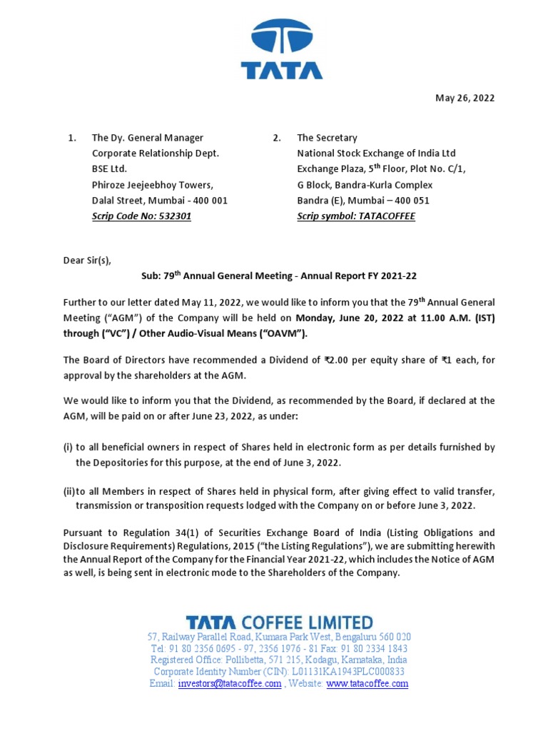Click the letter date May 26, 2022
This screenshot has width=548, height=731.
[465, 99]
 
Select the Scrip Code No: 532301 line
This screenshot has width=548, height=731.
[141, 216]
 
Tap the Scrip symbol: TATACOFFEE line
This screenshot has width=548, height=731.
[355, 216]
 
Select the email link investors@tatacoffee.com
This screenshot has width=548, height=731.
[229, 683]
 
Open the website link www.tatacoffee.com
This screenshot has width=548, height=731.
[367, 683]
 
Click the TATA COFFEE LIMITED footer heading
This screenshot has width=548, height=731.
[279, 622]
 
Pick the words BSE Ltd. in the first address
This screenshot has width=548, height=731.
[109, 169]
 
